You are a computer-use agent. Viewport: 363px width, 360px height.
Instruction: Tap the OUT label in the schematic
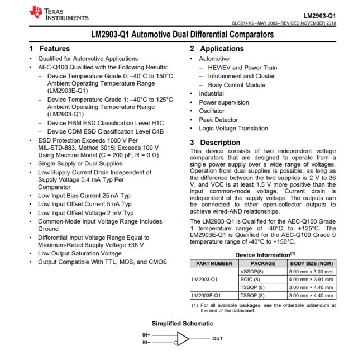pos(215,338)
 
